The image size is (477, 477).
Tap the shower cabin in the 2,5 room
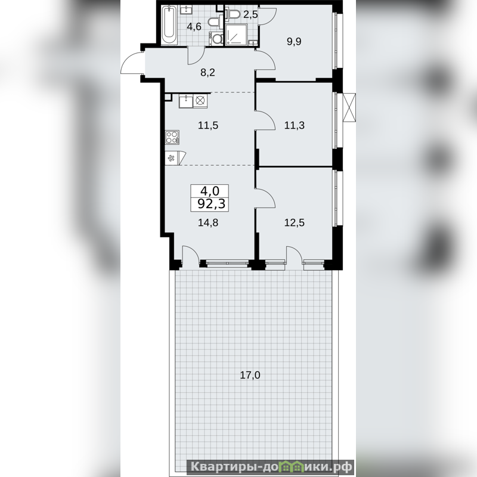point(237,35)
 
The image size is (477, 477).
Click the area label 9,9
point(294,41)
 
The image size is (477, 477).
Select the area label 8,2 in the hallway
point(208,72)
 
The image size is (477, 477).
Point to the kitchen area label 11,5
point(208,125)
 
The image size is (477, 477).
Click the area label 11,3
point(295,125)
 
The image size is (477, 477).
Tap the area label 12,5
point(295,222)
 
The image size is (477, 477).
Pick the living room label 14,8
point(208,222)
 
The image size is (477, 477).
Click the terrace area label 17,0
point(250,375)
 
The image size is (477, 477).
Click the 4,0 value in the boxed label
point(210,191)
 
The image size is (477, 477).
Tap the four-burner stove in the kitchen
point(172,137)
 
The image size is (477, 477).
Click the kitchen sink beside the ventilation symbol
point(186,101)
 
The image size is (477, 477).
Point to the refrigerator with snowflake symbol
point(172,158)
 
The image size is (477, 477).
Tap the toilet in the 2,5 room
point(234,14)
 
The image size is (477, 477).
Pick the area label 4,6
point(194,27)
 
